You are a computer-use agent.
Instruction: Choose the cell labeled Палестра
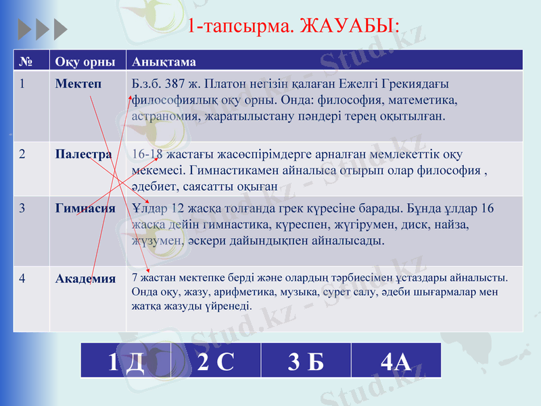(x=84, y=154)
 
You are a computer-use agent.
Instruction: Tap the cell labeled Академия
(x=85, y=278)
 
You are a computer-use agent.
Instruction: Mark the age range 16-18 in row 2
(x=147, y=154)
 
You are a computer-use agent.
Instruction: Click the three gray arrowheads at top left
(x=42, y=28)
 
